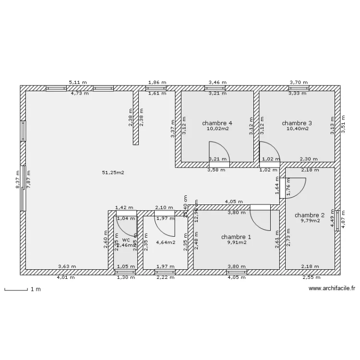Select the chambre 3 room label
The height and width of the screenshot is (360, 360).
[297, 123]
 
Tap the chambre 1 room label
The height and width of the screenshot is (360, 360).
[236, 237]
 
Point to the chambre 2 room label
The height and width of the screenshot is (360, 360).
[310, 215]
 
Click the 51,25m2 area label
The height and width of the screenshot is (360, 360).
[113, 172]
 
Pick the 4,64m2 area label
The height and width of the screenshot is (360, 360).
[165, 242]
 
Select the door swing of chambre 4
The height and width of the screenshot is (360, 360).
[218, 152]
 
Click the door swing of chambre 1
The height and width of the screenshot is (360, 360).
[261, 218]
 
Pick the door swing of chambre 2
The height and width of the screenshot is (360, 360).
[296, 187]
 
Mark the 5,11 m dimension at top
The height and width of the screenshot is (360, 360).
[78, 83]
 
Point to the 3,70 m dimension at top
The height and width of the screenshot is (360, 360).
[298, 83]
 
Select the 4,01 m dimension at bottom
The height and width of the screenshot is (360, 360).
[66, 277]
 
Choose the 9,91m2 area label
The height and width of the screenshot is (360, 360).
[236, 242]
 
